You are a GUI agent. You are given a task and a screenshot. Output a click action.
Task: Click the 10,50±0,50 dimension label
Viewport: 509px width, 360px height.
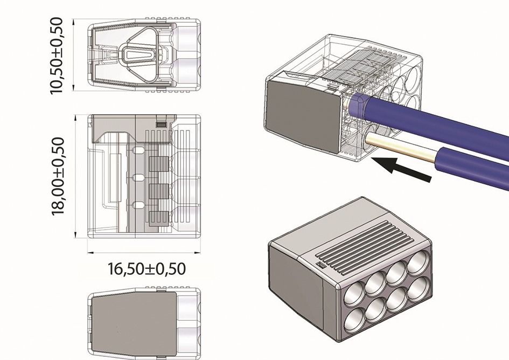pyautogui.click(x=56, y=56)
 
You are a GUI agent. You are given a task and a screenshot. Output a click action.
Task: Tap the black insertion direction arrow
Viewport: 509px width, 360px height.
pyautogui.click(x=402, y=168)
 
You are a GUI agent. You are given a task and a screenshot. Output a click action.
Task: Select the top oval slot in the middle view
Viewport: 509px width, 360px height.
pyautogui.click(x=138, y=151)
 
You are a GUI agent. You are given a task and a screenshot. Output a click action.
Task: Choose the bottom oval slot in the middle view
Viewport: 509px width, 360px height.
pyautogui.click(x=138, y=205)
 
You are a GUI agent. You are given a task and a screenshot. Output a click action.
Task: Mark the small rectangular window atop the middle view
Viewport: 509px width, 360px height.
pyautogui.click(x=161, y=124)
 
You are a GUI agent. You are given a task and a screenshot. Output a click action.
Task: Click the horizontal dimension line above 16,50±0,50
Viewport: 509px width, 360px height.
pyautogui.click(x=144, y=252)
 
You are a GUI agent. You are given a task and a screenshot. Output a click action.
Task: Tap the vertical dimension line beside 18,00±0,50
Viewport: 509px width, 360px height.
pyautogui.click(x=75, y=176)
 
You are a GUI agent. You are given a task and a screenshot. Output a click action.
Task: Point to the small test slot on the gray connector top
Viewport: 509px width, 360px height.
pyautogui.click(x=319, y=265)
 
